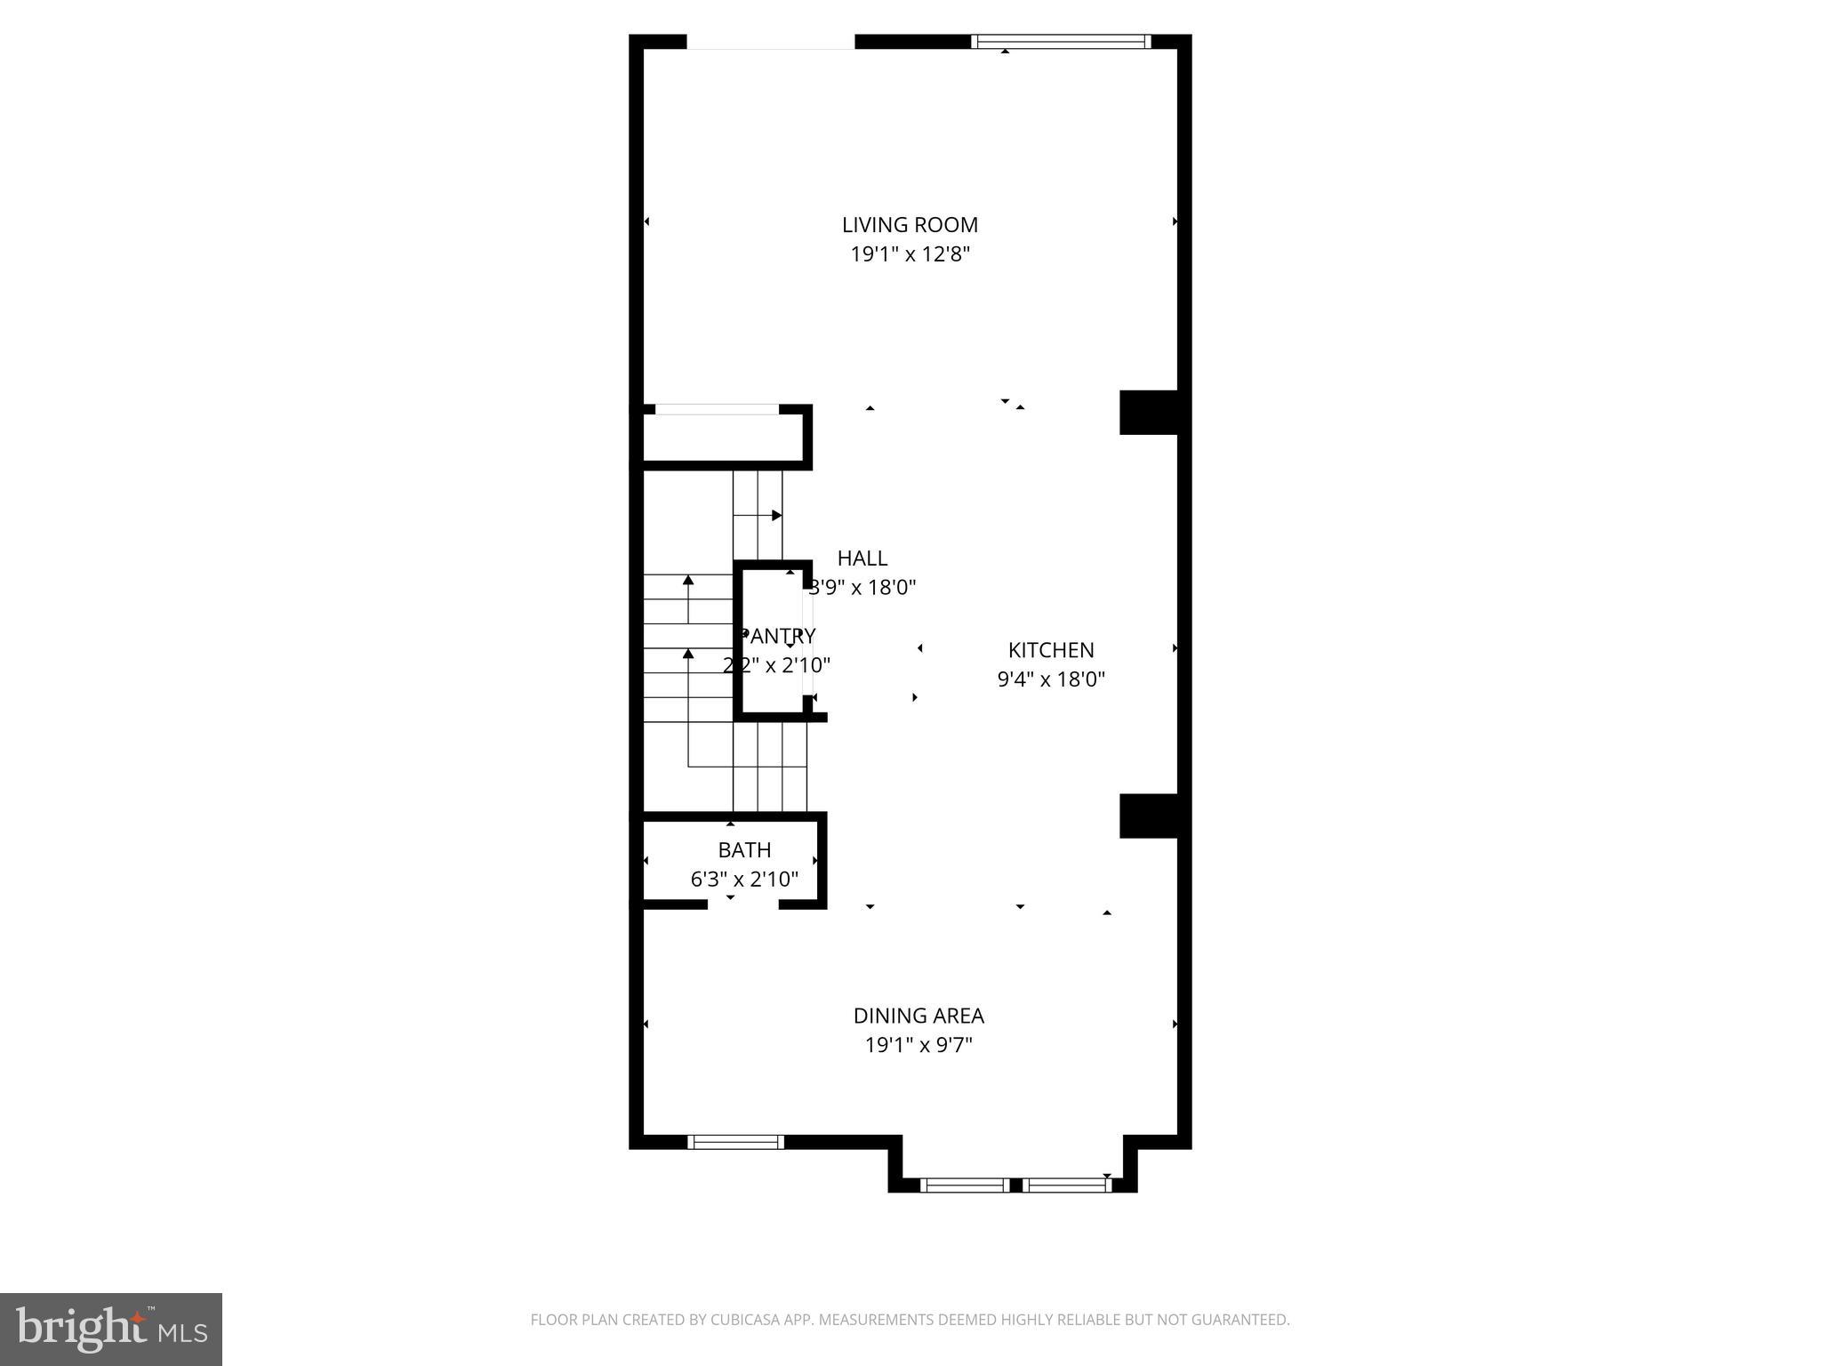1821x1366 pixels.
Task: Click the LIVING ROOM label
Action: coord(910,225)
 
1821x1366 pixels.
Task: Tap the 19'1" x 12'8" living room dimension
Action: coord(910,254)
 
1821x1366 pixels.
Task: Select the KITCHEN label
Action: coord(1050,650)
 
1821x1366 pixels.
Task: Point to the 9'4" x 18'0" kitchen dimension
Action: coord(1050,679)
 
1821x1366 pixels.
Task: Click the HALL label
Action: coord(862,558)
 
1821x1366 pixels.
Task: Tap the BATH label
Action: coord(744,850)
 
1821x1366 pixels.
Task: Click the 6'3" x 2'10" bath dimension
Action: coord(744,880)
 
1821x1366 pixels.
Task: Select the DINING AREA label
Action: coord(919,1016)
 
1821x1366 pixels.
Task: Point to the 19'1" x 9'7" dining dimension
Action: coord(919,1045)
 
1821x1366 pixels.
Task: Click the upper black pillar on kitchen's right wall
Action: coord(1148,413)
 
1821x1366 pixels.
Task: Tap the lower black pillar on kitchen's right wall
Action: coord(1148,816)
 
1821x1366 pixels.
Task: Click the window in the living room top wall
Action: coord(1060,41)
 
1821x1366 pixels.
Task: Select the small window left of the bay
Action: coord(735,1142)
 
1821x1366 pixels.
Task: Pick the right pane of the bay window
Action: coord(1065,1185)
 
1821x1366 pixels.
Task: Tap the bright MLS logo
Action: coord(110,1329)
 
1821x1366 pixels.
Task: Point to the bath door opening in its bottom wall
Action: coord(743,904)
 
